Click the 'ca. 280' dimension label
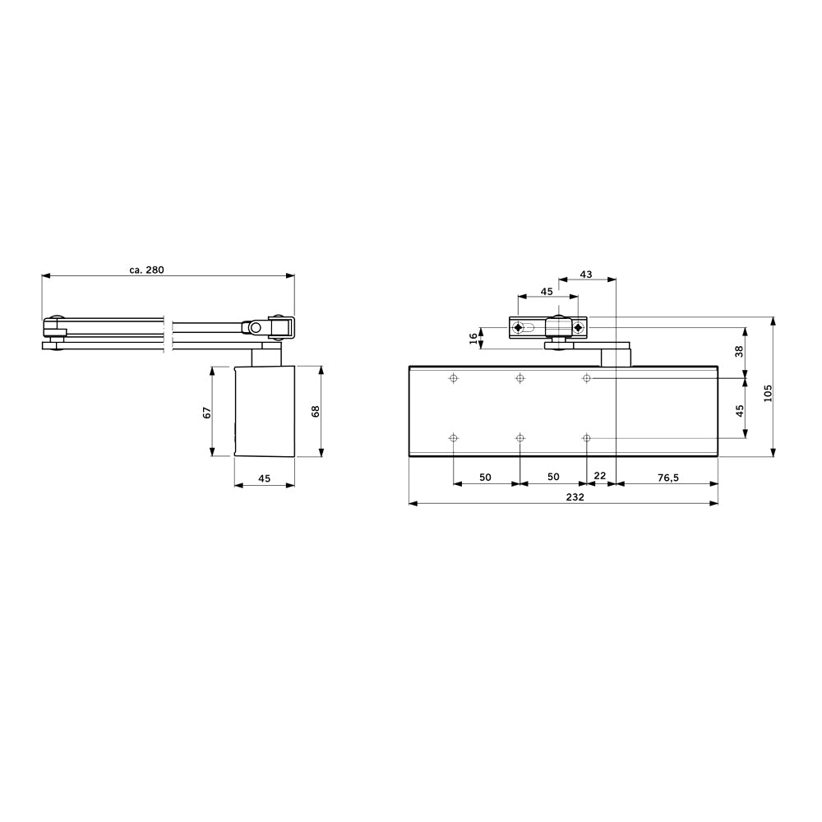coord(147,270)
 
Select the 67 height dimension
coord(207,412)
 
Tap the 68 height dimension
coord(316,411)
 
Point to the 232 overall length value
coord(575,497)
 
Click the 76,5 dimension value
coord(667,477)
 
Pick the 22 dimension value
coord(600,475)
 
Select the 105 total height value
coord(768,393)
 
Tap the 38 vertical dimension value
coord(739,351)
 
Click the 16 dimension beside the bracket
coord(473,339)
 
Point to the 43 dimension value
coord(586,275)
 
